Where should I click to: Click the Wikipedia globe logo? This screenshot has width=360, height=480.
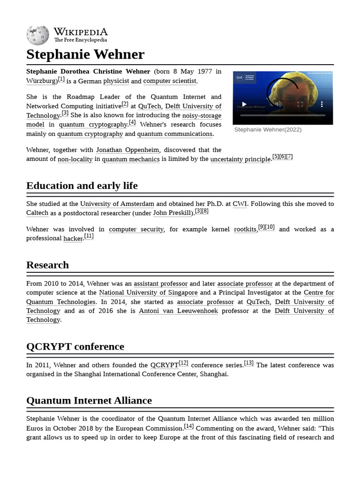[37, 35]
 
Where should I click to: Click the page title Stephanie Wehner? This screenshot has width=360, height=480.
[85, 54]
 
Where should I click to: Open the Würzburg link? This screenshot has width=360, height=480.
[41, 81]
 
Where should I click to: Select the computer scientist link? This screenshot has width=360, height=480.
[170, 81]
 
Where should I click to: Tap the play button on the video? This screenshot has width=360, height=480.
[244, 104]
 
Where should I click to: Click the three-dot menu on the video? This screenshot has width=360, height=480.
[322, 104]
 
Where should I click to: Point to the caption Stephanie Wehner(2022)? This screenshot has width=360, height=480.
[268, 130]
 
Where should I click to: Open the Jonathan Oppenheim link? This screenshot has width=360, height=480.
[127, 150]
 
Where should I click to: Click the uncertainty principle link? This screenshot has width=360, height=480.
[240, 159]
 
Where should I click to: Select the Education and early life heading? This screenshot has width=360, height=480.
[82, 186]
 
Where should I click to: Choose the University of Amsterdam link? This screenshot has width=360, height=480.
[117, 204]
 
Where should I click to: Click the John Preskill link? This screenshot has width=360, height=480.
[172, 213]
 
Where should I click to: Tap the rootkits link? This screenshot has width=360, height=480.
[245, 229]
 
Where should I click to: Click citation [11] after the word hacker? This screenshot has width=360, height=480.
[89, 236]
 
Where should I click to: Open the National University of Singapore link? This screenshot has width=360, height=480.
[148, 292]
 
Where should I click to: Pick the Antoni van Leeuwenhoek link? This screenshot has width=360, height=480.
[178, 311]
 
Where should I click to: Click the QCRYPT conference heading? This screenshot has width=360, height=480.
[75, 347]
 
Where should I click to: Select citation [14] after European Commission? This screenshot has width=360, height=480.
[189, 426]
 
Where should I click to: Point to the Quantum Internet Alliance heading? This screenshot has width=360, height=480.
[89, 401]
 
